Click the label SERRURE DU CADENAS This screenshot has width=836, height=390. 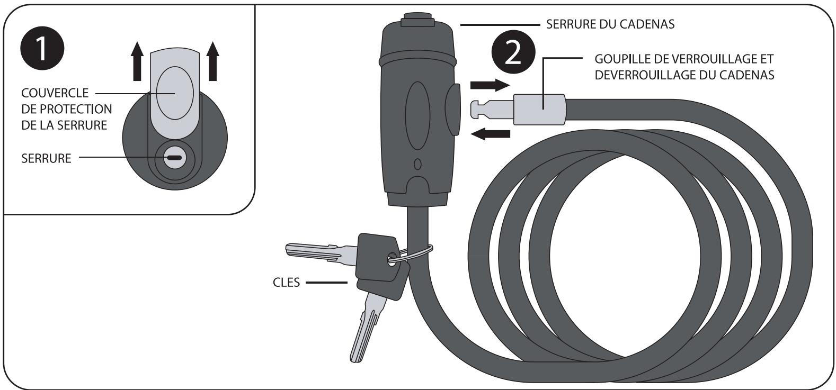[610, 24]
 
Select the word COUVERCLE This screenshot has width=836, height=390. [55, 93]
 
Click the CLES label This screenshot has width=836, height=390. [286, 283]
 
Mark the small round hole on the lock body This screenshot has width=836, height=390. [417, 164]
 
